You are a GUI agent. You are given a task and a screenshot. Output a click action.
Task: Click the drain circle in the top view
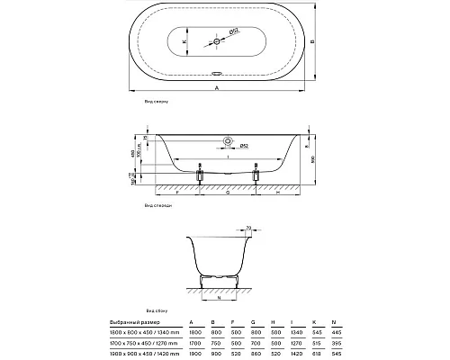(220, 40)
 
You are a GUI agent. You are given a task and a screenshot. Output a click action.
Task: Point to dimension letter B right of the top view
(310, 41)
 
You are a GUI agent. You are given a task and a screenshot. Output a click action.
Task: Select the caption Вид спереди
(158, 205)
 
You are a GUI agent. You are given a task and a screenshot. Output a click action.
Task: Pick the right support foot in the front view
(256, 175)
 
